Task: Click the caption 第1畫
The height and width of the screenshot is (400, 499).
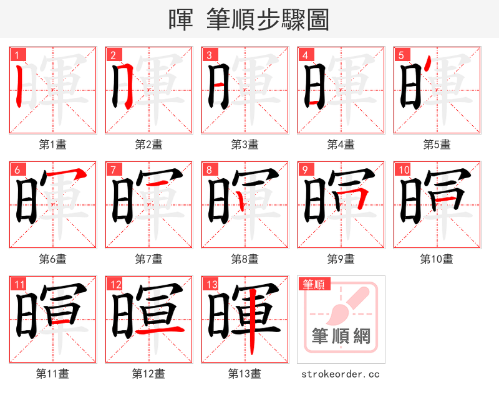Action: click(x=52, y=145)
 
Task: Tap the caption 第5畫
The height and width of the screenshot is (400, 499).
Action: click(x=437, y=145)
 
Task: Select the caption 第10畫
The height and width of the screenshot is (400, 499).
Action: click(x=437, y=259)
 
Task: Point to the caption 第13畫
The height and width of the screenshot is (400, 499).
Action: click(x=245, y=373)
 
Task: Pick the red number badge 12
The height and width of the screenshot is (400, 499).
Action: click(x=115, y=285)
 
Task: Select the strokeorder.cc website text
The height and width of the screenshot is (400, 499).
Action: click(x=341, y=374)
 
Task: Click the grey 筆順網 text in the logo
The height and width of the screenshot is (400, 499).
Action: click(x=341, y=337)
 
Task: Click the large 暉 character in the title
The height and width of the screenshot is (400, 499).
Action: click(x=181, y=20)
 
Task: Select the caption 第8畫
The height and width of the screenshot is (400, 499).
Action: click(x=245, y=259)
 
